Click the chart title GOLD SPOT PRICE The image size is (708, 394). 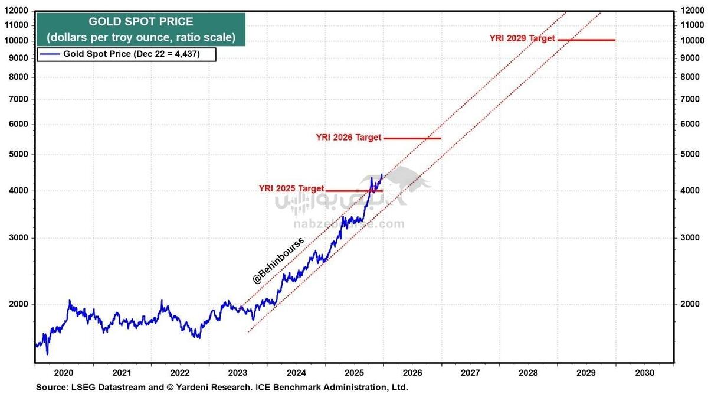pyautogui.click(x=140, y=22)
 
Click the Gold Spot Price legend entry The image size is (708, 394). pyautogui.click(x=126, y=54)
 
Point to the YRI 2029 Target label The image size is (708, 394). pyautogui.click(x=522, y=38)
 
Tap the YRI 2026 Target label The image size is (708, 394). pyautogui.click(x=349, y=137)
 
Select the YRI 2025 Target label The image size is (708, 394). pyautogui.click(x=291, y=188)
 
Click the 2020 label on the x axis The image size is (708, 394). pyautogui.click(x=63, y=373)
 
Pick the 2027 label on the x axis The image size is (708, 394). pyautogui.click(x=470, y=373)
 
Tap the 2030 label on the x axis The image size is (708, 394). pyautogui.click(x=644, y=373)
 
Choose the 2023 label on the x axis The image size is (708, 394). pyautogui.click(x=238, y=373)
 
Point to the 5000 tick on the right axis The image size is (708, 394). pyautogui.click(x=691, y=155)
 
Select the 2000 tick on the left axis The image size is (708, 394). pyautogui.click(x=19, y=304)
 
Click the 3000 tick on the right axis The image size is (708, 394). pyautogui.click(x=691, y=238)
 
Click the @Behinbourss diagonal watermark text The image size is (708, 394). pyautogui.click(x=278, y=261)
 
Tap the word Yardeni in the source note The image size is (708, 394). pyautogui.click(x=205, y=388)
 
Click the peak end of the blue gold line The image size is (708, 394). pyautogui.click(x=382, y=174)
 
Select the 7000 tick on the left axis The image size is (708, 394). pyautogui.click(x=19, y=99)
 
